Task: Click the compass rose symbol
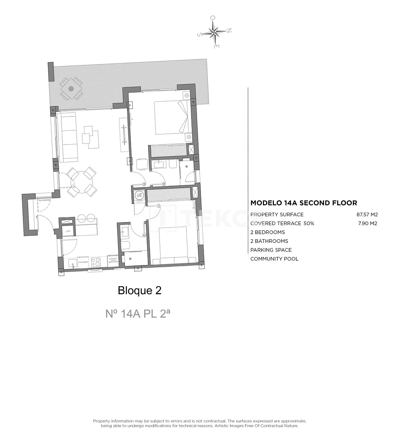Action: point(215,32)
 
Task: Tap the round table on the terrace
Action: point(71,88)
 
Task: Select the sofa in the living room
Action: point(69,137)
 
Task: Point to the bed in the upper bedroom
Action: point(171,117)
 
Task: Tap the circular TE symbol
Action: point(139,195)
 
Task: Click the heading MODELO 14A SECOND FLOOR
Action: point(304,203)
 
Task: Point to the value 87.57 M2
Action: point(367,214)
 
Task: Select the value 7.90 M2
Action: point(368,223)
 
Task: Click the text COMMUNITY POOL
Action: point(274,259)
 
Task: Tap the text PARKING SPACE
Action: point(271,250)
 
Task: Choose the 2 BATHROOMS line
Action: point(269,241)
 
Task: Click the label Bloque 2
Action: point(139,290)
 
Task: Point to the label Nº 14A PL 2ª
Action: point(138,313)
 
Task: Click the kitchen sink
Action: point(73,263)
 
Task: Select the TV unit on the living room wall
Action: point(124,135)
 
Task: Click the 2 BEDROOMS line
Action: point(268,232)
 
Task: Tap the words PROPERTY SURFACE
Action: point(277,214)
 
